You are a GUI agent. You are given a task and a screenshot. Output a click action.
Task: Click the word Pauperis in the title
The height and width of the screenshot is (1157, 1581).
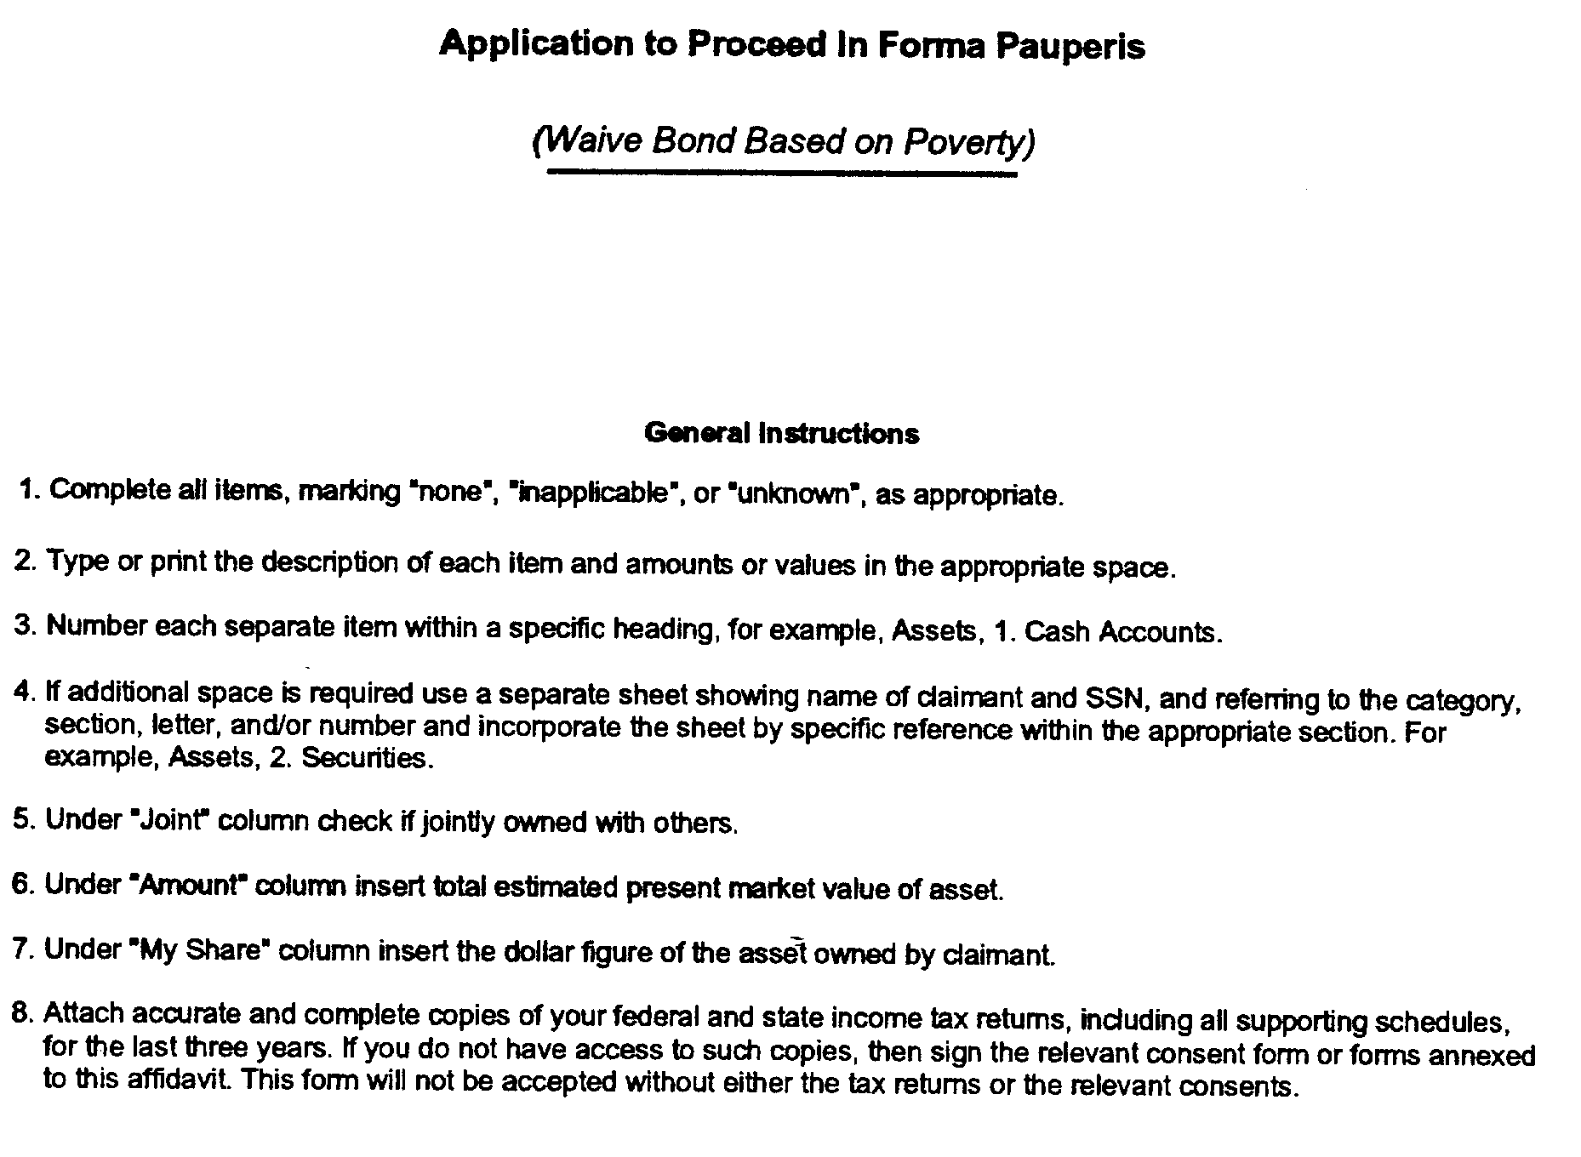tap(1070, 46)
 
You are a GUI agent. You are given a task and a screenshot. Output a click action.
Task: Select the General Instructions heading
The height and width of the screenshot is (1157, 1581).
tap(781, 434)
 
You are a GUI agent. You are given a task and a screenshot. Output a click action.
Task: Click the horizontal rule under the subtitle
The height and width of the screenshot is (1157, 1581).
tap(782, 174)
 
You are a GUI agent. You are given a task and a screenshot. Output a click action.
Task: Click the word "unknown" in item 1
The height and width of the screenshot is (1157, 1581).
tap(795, 494)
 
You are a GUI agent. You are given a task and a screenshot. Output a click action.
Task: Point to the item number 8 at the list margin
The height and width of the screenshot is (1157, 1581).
tap(22, 1012)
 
